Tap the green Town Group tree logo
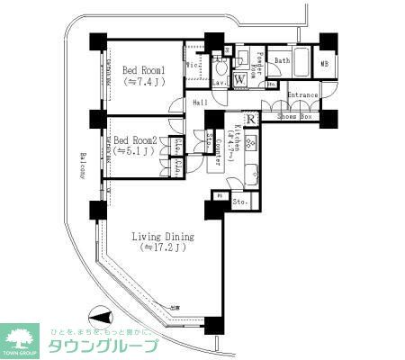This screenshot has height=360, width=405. pyautogui.click(x=24, y=337)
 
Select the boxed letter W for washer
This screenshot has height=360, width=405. pyautogui.click(x=239, y=79)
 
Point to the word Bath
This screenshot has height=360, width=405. pyautogui.click(x=282, y=61)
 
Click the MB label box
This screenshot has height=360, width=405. pyautogui.click(x=324, y=65)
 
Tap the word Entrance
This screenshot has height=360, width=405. pyautogui.click(x=303, y=94)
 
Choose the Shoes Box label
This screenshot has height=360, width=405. pyautogui.click(x=293, y=115)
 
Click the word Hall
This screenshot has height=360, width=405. pyautogui.click(x=200, y=103)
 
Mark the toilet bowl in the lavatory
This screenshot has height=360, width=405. pyautogui.click(x=220, y=67)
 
